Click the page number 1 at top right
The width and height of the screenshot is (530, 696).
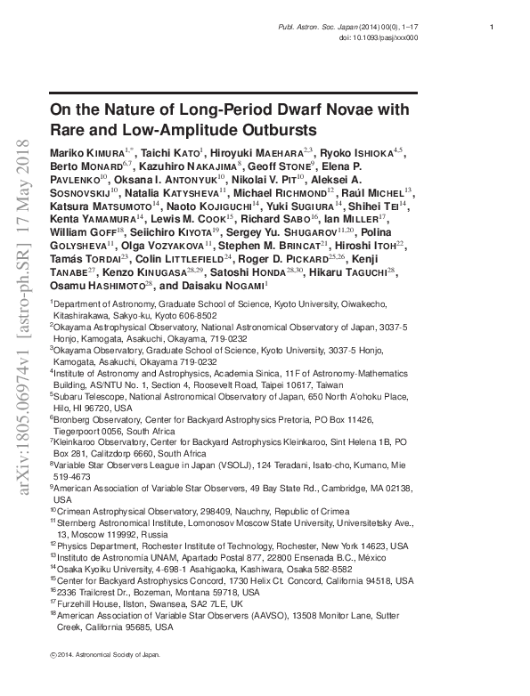tap(492, 28)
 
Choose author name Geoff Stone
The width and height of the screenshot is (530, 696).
tap(285, 166)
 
